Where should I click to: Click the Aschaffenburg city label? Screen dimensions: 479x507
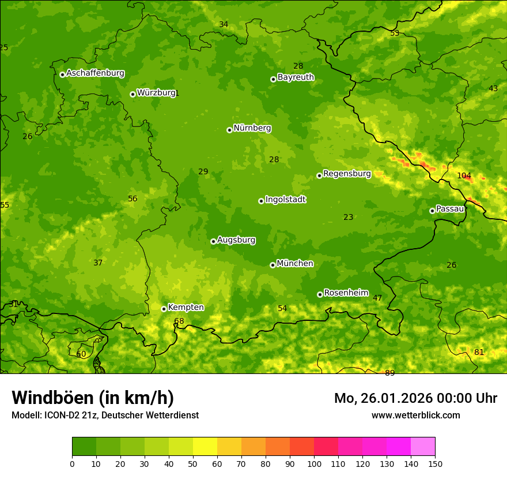tap(95, 73)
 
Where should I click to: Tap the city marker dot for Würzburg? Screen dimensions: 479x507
tap(133, 94)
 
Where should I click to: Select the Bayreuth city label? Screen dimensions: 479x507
tap(296, 77)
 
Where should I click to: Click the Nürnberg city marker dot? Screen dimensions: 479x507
tap(229, 130)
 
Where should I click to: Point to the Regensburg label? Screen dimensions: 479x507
tap(347, 174)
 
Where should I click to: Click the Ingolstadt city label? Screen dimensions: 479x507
tap(285, 200)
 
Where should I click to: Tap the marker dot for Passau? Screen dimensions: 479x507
tap(432, 211)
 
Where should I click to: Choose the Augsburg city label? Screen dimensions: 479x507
tap(236, 240)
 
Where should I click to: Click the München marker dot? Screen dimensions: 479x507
tap(273, 265)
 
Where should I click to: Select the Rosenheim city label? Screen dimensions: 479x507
tap(346, 293)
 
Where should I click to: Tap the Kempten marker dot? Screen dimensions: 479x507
tap(164, 309)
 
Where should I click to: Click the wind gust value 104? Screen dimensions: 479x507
tap(464, 175)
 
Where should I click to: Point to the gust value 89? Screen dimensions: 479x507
tap(390, 373)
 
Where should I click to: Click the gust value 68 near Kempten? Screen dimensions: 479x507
tap(179, 321)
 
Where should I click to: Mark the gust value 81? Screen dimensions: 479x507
tap(479, 352)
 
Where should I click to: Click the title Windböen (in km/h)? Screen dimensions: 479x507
tap(93, 398)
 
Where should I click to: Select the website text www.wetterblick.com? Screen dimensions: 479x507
tap(415, 415)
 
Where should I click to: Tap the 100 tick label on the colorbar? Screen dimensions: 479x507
tap(314, 463)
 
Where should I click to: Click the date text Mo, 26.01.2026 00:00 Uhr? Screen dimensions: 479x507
tap(415, 398)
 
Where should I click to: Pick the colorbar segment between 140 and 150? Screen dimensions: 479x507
tap(423, 447)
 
